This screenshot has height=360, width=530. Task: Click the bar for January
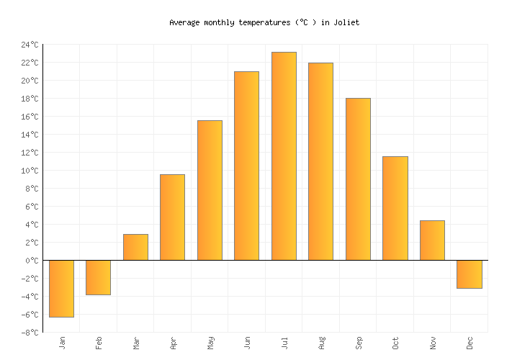point(61,288)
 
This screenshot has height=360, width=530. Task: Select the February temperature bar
point(98,277)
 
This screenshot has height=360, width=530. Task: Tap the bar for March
point(135,247)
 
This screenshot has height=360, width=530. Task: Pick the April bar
point(172,217)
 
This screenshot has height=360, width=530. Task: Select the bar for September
point(358,179)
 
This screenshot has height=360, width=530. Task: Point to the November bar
point(432,240)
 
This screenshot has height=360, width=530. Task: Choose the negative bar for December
point(470,274)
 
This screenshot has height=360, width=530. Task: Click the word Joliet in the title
point(346,22)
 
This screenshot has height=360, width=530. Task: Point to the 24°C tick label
point(30,45)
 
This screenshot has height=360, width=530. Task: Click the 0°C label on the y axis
point(32,261)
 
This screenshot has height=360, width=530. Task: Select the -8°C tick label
point(30,333)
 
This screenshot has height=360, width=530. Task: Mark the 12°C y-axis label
point(30,153)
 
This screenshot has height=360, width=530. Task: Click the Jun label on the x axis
point(247,343)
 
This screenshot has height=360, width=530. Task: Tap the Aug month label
point(321,343)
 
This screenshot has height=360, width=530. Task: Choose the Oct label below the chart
point(395,343)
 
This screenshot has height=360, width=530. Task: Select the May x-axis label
point(210,343)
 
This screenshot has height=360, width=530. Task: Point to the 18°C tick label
point(30,99)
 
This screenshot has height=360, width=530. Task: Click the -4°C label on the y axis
point(30,297)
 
